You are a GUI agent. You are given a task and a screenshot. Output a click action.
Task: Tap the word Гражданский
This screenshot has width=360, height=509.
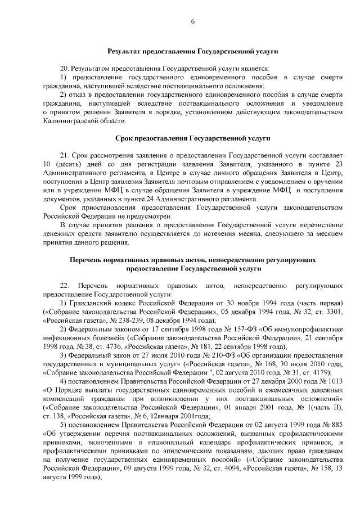(x=88, y=303)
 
